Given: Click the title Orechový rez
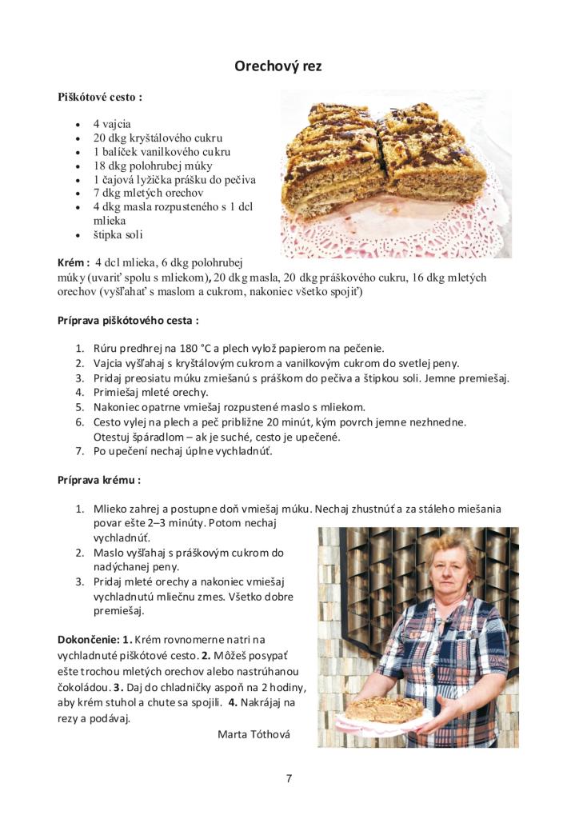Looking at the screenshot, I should click(278, 66).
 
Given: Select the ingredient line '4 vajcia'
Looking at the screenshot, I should click(112, 124).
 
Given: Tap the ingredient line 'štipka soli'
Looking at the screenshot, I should click(118, 234).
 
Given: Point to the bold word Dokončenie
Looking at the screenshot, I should click(86, 640).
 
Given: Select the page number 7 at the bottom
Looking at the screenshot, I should click(289, 778).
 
